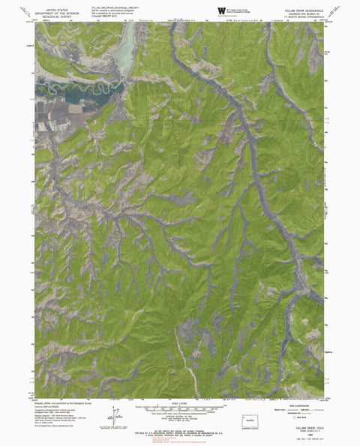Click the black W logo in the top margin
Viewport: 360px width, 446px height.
[x=220, y=9]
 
